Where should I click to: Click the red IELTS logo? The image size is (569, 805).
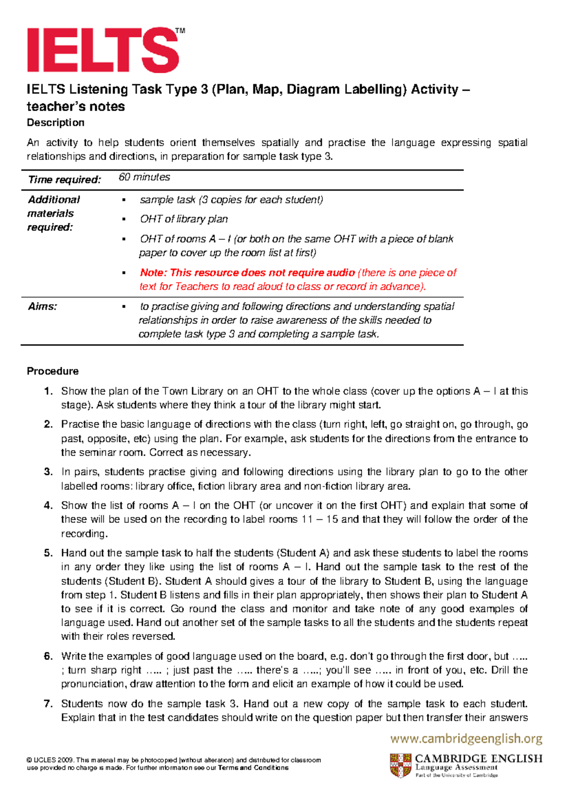click(x=102, y=50)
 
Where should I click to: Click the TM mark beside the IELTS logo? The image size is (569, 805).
click(x=180, y=31)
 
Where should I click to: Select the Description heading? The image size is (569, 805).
click(x=55, y=122)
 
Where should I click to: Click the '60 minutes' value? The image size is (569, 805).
click(x=144, y=177)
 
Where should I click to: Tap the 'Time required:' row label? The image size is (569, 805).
click(x=64, y=179)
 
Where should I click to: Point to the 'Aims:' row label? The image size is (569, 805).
click(x=42, y=307)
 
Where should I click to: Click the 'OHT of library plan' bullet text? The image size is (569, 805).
click(x=184, y=219)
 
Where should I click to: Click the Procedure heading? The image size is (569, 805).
click(x=53, y=371)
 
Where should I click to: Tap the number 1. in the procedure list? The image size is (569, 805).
click(x=48, y=391)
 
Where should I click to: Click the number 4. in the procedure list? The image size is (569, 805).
click(x=48, y=505)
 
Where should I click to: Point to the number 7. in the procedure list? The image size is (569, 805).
click(x=48, y=703)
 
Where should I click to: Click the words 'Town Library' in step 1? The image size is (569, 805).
click(x=192, y=391)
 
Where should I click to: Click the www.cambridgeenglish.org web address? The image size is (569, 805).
click(x=466, y=739)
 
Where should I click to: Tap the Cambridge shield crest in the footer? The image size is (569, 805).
click(x=401, y=765)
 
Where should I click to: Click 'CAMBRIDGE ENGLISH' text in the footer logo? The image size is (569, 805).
click(x=478, y=758)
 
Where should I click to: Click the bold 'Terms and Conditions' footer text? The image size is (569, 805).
click(x=253, y=768)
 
